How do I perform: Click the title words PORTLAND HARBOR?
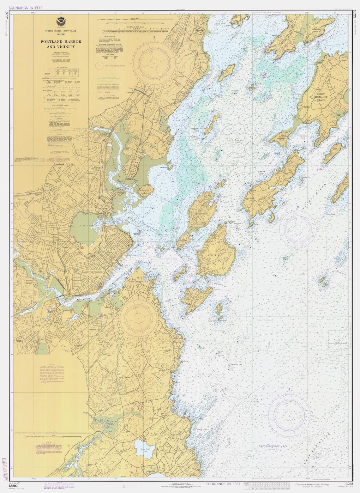(x=61, y=42)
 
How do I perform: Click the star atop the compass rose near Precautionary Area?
(x=289, y=389)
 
